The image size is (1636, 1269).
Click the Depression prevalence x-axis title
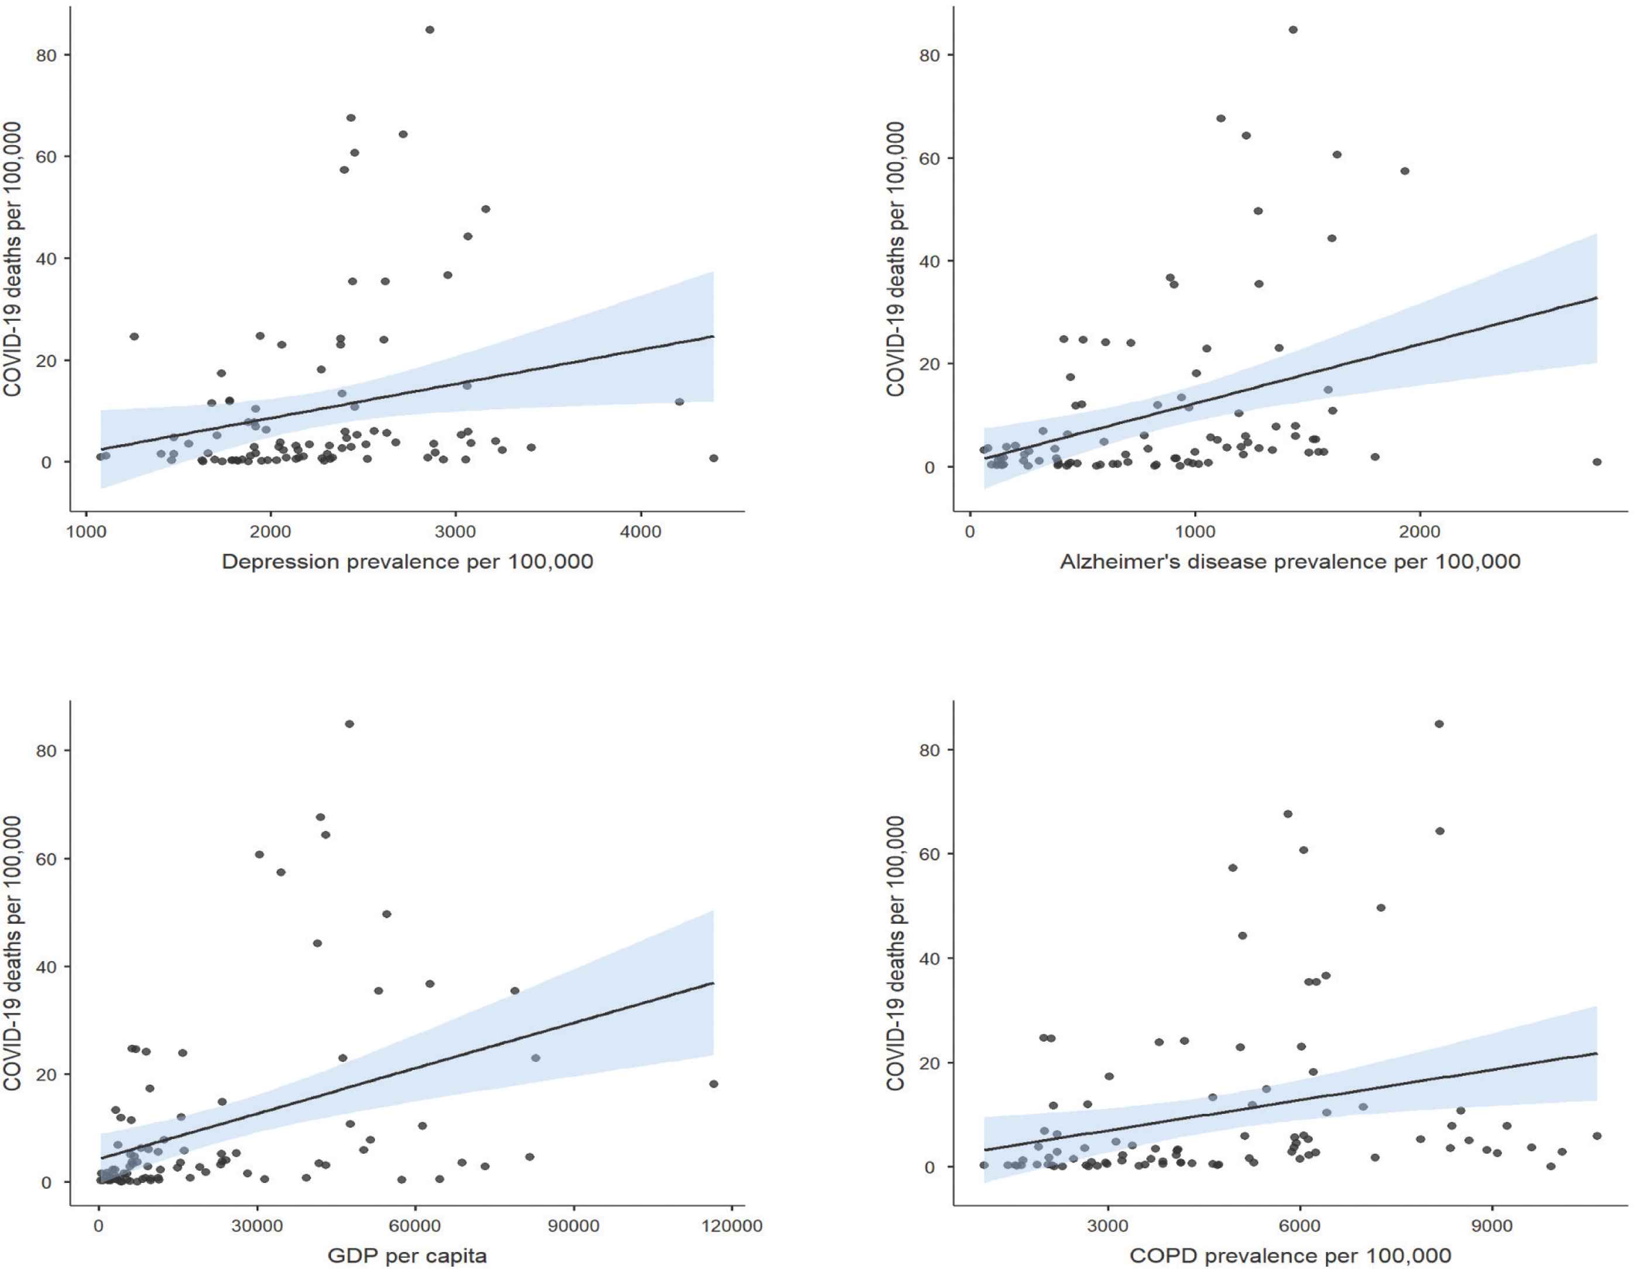click(x=407, y=562)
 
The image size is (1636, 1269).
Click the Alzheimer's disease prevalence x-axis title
click(x=1290, y=562)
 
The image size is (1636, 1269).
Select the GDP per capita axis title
click(x=407, y=1256)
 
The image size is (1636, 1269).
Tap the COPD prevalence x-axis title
click(x=1290, y=1256)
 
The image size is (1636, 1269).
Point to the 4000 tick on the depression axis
click(x=641, y=532)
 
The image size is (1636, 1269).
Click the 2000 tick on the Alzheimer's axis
click(x=1419, y=532)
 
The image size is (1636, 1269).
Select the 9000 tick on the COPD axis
click(x=1491, y=1226)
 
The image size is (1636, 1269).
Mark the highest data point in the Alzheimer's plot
click(x=1293, y=30)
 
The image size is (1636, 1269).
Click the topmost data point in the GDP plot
click(x=349, y=723)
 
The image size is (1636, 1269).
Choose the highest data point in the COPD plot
click(x=1439, y=723)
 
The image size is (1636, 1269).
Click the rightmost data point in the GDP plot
click(x=713, y=1084)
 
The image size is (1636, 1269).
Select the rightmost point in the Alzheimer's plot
click(x=1597, y=462)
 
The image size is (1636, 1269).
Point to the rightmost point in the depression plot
click(x=713, y=458)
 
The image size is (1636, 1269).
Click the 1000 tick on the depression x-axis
click(x=85, y=532)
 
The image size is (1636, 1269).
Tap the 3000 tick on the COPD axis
click(x=1107, y=1226)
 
